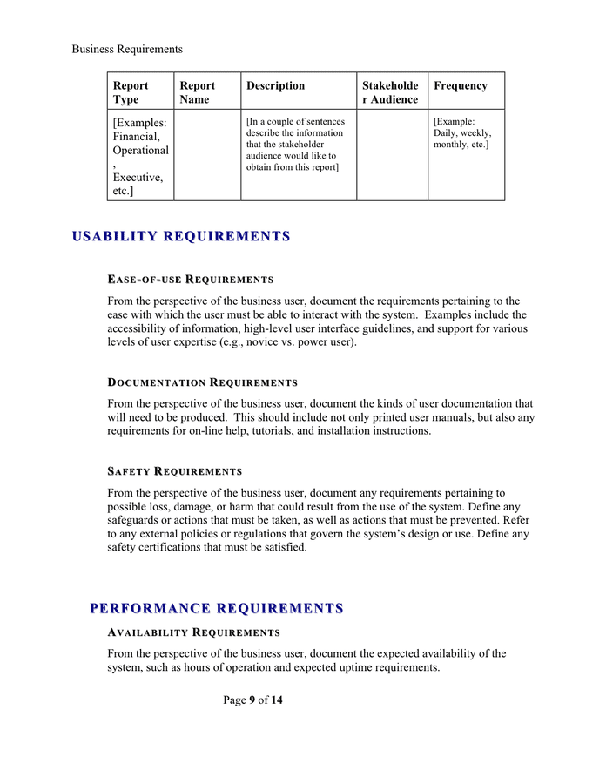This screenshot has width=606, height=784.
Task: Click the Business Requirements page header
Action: coord(127,49)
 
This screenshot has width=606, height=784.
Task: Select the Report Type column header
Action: coord(131,92)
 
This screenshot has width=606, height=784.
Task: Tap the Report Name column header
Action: coord(198,92)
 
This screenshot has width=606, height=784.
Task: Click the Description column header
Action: coord(275,86)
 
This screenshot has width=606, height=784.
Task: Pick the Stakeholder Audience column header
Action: coord(390,92)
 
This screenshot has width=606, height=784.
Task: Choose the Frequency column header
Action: coord(461,86)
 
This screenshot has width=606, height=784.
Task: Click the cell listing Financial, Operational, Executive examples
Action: coord(139,156)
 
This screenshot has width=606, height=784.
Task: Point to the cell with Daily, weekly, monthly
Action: coord(462,133)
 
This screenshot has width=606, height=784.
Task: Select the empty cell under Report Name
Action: coord(206,154)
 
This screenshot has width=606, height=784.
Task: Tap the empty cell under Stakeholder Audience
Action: coord(391,154)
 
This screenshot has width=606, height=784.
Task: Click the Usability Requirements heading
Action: coord(181,237)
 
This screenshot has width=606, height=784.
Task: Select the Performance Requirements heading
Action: coord(217,608)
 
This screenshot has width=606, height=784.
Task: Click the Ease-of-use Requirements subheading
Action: coord(190,280)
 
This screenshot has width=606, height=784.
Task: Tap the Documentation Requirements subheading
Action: coord(202,382)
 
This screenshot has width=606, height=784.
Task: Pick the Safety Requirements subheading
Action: coord(174,471)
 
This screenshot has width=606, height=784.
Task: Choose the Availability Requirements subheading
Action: coord(193,632)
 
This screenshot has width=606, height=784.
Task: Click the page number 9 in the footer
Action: coord(252,700)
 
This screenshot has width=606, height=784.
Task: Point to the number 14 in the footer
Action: coord(277,700)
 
